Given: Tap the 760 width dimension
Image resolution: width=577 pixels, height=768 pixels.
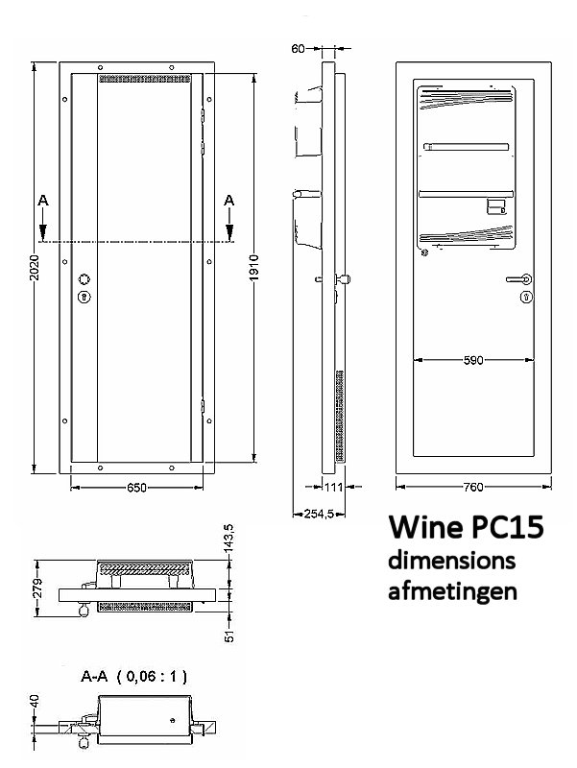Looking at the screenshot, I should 472,488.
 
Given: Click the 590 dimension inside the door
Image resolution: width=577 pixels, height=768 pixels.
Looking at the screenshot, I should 472,360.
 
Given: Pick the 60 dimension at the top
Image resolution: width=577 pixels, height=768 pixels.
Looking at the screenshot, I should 299,47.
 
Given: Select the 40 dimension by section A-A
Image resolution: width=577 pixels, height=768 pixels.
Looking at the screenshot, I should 35,704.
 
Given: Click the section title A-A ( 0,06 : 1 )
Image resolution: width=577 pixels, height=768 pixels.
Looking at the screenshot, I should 133,677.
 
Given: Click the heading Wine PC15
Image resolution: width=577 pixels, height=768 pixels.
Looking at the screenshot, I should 466,529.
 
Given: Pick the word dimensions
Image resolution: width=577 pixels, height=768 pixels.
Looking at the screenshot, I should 451,560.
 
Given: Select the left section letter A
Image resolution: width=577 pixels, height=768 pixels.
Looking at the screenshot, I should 41,201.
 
